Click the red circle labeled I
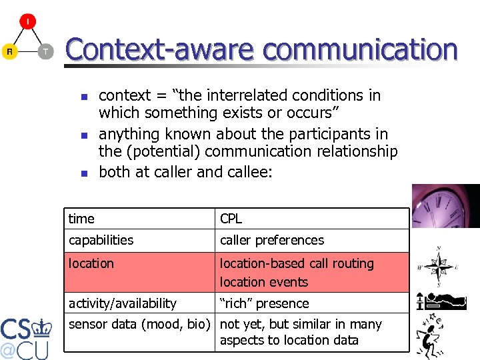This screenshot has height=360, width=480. coord(27,21)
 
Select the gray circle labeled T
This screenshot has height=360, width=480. coord(45,51)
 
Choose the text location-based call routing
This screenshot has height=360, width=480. coord(297,263)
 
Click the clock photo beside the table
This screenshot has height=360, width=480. coord(445,207)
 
